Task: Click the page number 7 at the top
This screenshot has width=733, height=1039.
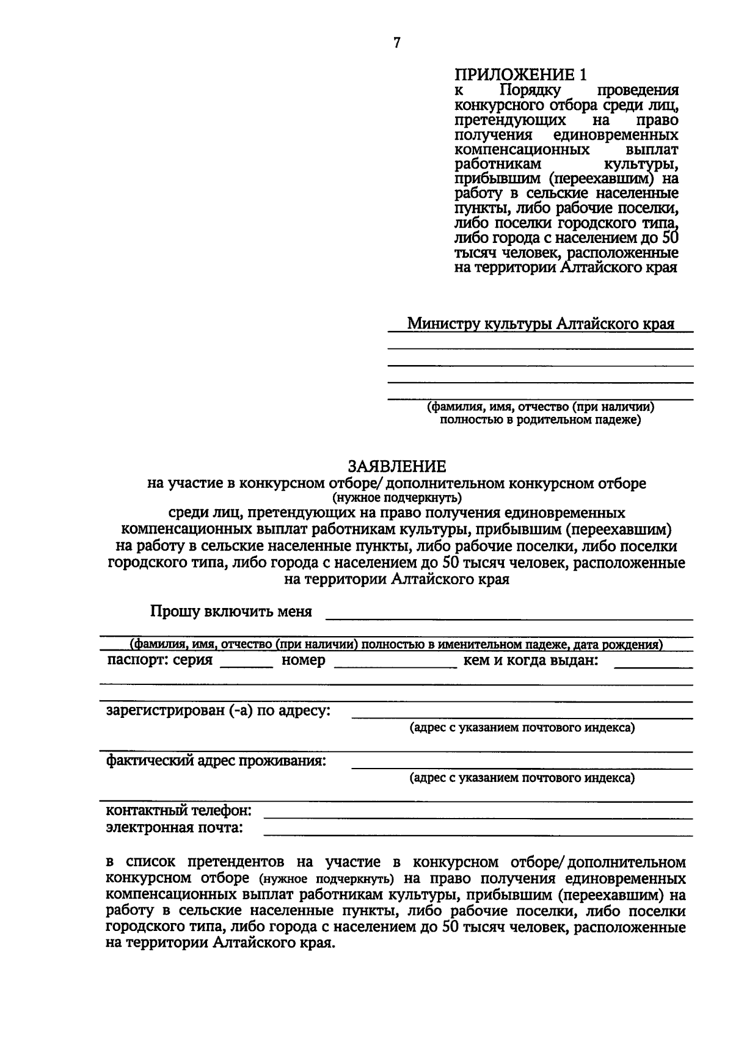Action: (x=397, y=43)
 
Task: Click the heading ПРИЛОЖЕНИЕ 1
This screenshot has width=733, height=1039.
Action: (x=520, y=75)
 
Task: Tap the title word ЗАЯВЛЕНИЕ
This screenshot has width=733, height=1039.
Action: (x=396, y=466)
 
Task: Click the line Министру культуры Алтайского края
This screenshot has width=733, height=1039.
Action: (x=541, y=324)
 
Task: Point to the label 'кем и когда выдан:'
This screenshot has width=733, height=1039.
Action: (x=531, y=661)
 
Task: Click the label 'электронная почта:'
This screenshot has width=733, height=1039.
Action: (x=175, y=828)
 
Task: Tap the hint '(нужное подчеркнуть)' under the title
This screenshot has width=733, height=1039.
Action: (x=396, y=497)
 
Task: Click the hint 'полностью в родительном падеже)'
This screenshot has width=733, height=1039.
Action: (x=541, y=420)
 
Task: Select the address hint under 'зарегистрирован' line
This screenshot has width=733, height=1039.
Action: (x=522, y=728)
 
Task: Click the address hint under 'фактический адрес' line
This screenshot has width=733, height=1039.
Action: (x=522, y=778)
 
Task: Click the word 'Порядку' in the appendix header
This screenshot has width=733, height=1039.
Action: (x=530, y=90)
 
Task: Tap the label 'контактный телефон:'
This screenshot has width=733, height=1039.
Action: (x=179, y=811)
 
